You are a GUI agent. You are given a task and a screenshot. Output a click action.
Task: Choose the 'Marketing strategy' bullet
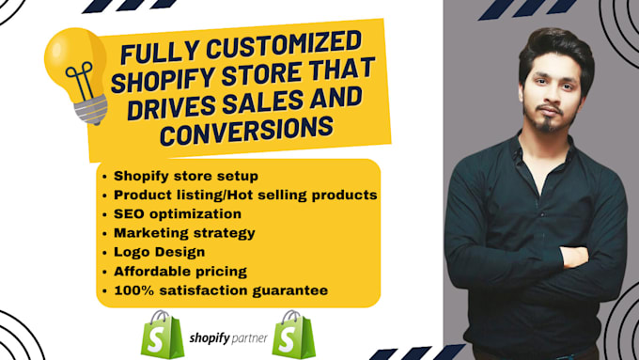[x=184, y=232]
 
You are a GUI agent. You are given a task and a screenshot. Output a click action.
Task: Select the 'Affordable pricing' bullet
[x=180, y=271]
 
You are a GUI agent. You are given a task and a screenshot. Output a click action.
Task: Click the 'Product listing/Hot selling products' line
[x=245, y=194]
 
